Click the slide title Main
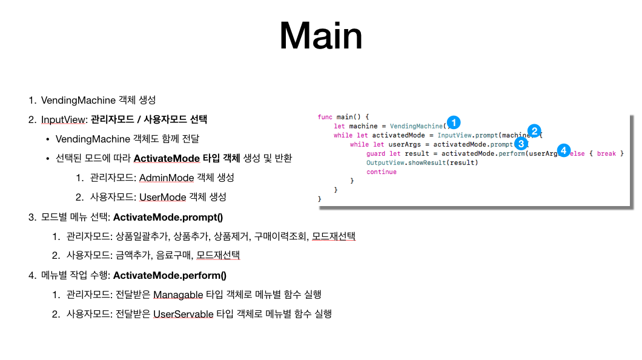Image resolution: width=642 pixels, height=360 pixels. point(321,36)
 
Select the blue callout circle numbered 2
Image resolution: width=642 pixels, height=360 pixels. point(534,130)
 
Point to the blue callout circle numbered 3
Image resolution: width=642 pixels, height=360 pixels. point(520,143)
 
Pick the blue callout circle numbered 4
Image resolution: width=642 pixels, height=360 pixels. point(564,149)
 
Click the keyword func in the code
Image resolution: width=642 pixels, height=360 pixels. point(325,117)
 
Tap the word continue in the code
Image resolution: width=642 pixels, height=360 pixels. point(382,172)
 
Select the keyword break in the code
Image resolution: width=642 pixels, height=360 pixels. point(606,153)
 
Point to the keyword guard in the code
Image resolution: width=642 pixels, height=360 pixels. point(376,153)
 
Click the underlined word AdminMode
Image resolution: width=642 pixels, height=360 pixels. point(167,178)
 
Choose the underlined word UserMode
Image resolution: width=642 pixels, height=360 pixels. point(163,197)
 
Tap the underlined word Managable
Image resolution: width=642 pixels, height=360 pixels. point(179,295)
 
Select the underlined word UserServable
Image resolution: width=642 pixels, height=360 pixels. point(184,314)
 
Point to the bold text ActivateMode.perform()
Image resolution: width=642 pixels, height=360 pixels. point(170,275)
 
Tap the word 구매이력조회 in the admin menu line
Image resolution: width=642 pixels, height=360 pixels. point(283,236)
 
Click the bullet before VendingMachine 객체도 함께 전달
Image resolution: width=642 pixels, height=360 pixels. point(47,139)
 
